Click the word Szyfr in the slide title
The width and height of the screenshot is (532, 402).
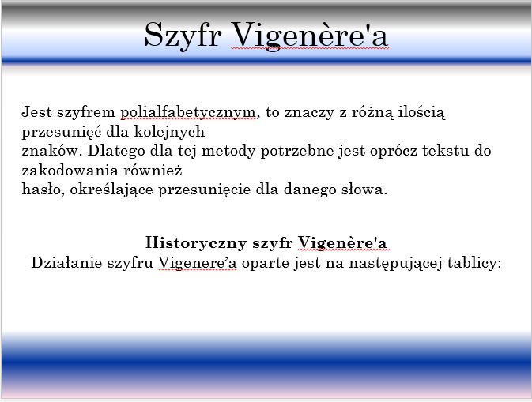click(183, 36)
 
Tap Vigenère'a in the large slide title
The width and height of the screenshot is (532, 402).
click(309, 36)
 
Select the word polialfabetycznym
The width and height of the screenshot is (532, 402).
click(188, 112)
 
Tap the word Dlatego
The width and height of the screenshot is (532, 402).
click(116, 151)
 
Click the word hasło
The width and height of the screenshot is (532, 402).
click(43, 189)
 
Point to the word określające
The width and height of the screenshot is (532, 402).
click(111, 190)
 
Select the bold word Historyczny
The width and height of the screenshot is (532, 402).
click(196, 243)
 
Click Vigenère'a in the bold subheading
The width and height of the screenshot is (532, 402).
click(343, 243)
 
